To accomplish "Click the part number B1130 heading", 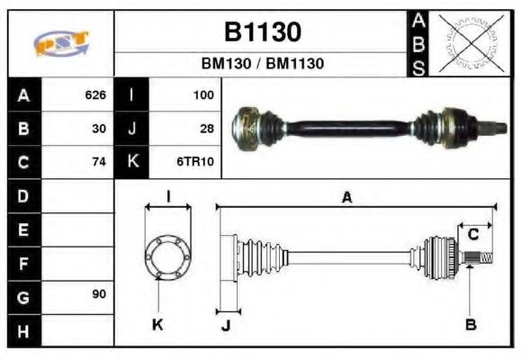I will (x=262, y=32).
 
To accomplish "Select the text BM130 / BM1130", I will (x=262, y=64).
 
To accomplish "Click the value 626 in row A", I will (x=95, y=94).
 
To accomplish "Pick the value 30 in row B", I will (x=99, y=129).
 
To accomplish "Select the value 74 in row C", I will (x=99, y=162).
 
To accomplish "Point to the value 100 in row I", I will (x=202, y=94).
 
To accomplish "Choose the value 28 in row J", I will (x=206, y=129).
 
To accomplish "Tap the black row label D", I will (x=22, y=195).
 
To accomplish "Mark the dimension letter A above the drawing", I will (x=346, y=197).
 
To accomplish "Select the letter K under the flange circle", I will (x=157, y=324).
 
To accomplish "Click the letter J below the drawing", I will (x=225, y=325).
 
